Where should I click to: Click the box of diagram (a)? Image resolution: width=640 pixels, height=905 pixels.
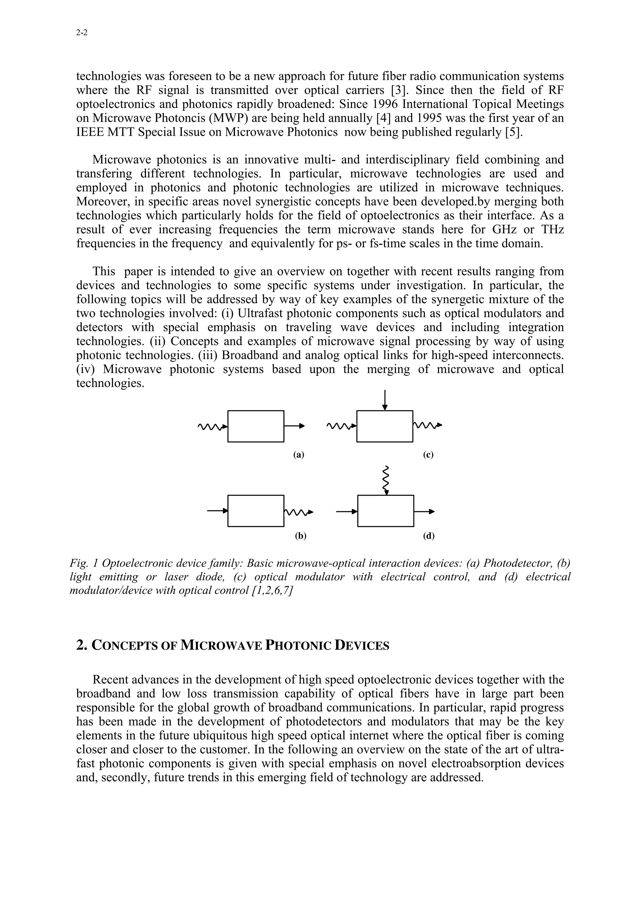256,426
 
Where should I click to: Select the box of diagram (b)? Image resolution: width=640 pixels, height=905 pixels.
256,511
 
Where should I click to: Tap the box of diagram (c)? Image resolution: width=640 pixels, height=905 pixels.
384,426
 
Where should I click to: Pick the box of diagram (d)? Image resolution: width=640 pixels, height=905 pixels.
385,511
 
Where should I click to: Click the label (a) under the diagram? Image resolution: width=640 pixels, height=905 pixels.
298,454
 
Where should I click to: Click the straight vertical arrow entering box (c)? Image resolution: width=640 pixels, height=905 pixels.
385,399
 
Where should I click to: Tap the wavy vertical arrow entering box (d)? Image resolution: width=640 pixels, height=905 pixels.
386,480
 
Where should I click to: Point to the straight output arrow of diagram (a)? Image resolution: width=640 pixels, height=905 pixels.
294,426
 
